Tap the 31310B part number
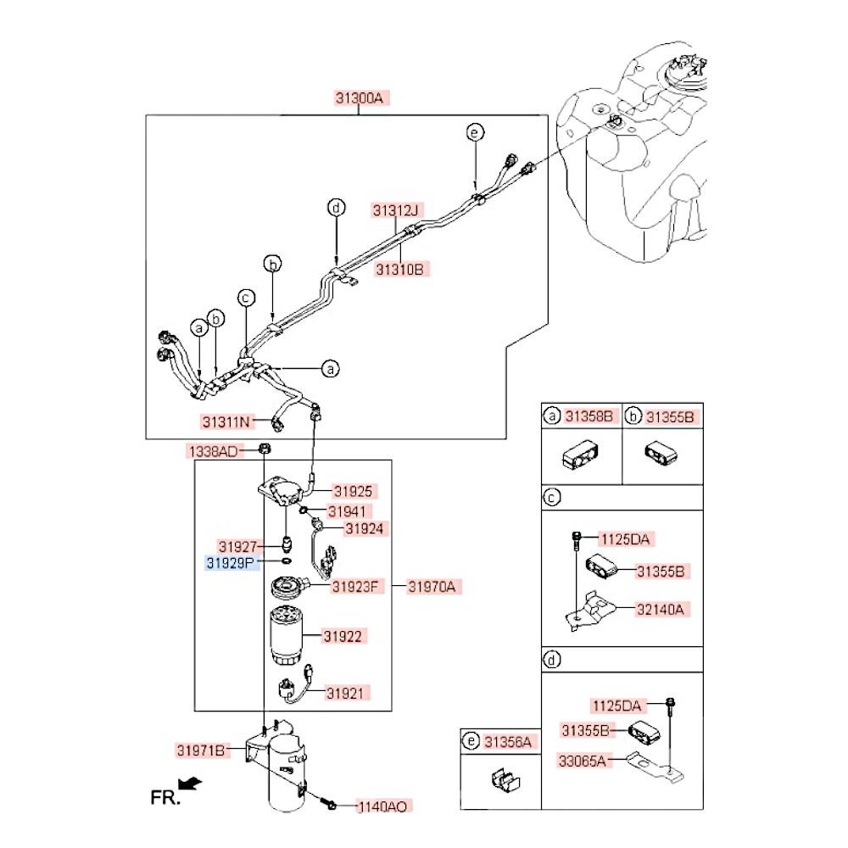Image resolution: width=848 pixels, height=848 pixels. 399,270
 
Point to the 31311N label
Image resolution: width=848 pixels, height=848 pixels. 227,421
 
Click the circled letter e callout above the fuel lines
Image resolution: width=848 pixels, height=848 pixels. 475,131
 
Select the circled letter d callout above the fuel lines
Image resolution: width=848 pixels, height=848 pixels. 337,207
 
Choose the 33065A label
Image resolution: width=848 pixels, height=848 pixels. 583,761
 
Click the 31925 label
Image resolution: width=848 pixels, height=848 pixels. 353,491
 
